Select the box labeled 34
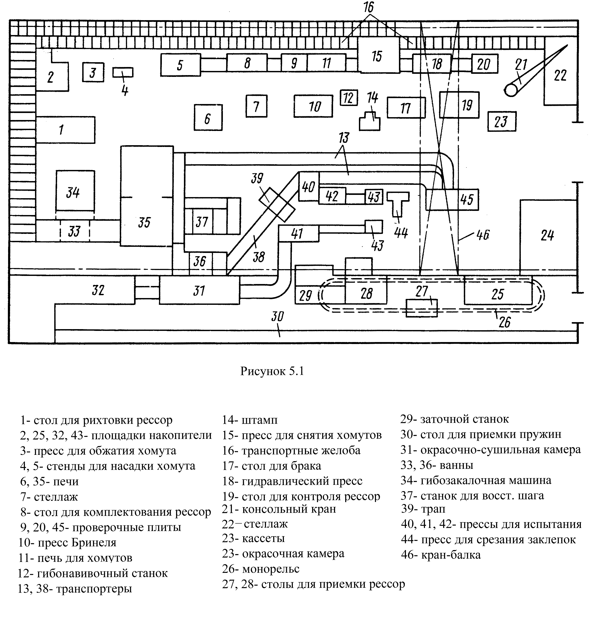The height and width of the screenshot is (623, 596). click(x=75, y=191)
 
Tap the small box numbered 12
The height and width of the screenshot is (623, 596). click(x=349, y=98)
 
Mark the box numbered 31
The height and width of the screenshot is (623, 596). click(x=199, y=290)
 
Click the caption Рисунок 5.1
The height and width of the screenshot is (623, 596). click(x=272, y=371)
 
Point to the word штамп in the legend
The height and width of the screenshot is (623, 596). click(x=259, y=420)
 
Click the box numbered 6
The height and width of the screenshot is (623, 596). click(x=208, y=118)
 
